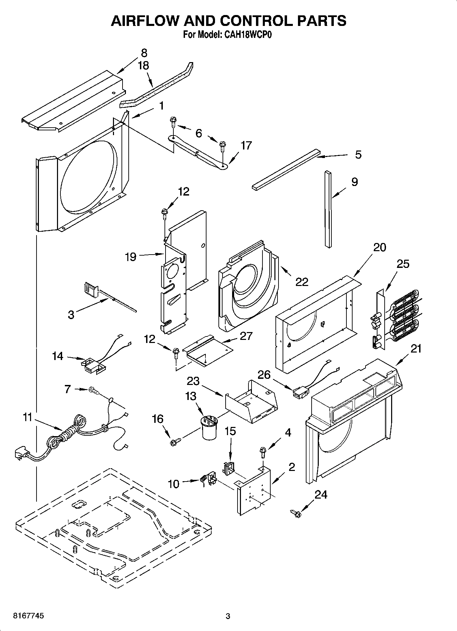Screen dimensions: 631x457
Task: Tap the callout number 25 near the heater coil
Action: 403,264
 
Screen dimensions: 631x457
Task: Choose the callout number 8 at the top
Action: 144,53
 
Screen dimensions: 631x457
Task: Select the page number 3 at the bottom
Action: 228,616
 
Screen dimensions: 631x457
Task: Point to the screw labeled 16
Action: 175,442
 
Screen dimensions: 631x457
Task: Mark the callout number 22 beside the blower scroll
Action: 301,282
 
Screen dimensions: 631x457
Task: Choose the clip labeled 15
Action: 229,468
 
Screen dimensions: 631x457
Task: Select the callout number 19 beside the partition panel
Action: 130,257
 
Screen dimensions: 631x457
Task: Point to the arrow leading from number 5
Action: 333,156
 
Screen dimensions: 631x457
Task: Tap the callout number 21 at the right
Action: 416,348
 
